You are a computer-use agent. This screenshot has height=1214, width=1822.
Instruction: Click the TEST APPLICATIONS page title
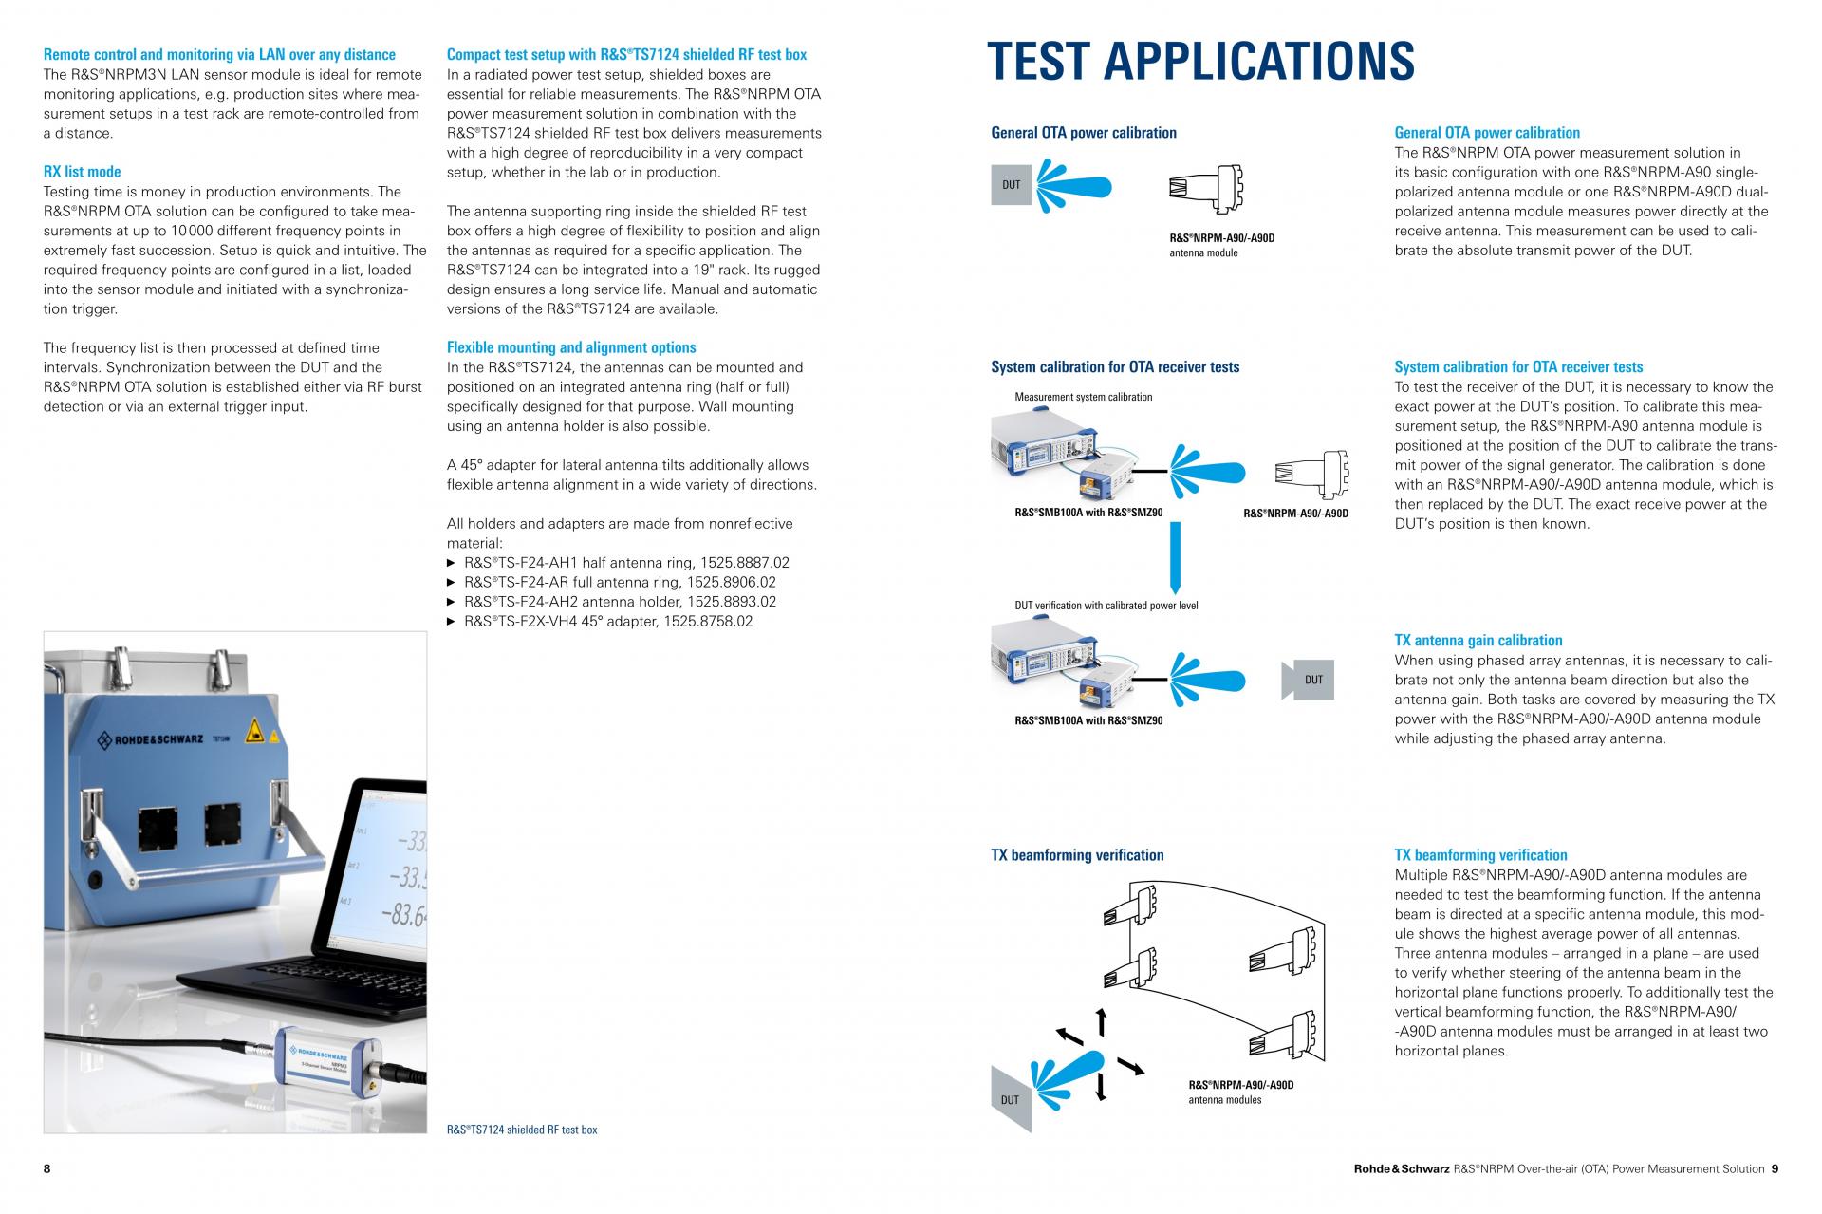pyautogui.click(x=1200, y=61)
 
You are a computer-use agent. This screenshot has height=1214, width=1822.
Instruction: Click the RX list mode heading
pyautogui.click(x=83, y=172)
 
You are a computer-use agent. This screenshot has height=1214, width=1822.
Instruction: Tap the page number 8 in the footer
pyautogui.click(x=47, y=1168)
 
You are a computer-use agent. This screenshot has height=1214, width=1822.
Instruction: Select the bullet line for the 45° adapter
pyautogui.click(x=607, y=622)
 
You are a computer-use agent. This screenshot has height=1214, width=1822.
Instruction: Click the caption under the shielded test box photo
pyautogui.click(x=522, y=1130)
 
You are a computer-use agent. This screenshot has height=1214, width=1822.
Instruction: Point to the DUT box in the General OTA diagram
pyautogui.click(x=1012, y=184)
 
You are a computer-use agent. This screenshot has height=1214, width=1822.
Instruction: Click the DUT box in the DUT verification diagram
pyautogui.click(x=1310, y=680)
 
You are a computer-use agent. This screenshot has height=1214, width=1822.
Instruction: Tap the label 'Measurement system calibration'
pyautogui.click(x=1083, y=397)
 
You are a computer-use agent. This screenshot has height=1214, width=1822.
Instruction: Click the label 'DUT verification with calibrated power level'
pyautogui.click(x=1106, y=606)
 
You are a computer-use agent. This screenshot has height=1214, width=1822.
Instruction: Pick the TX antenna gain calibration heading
pyautogui.click(x=1478, y=641)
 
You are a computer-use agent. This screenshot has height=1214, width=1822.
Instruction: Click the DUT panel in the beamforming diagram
pyautogui.click(x=1011, y=1098)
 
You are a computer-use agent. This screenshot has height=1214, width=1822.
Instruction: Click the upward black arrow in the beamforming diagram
pyautogui.click(x=1102, y=1021)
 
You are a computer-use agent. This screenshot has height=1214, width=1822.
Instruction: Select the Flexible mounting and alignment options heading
pyautogui.click(x=571, y=347)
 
